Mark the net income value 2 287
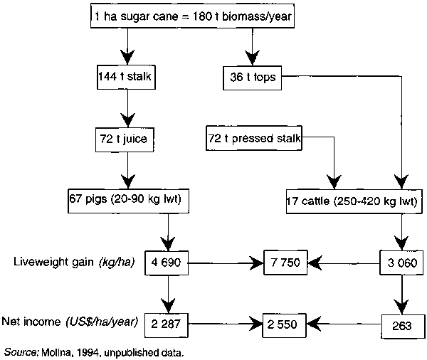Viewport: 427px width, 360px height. (168, 324)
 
